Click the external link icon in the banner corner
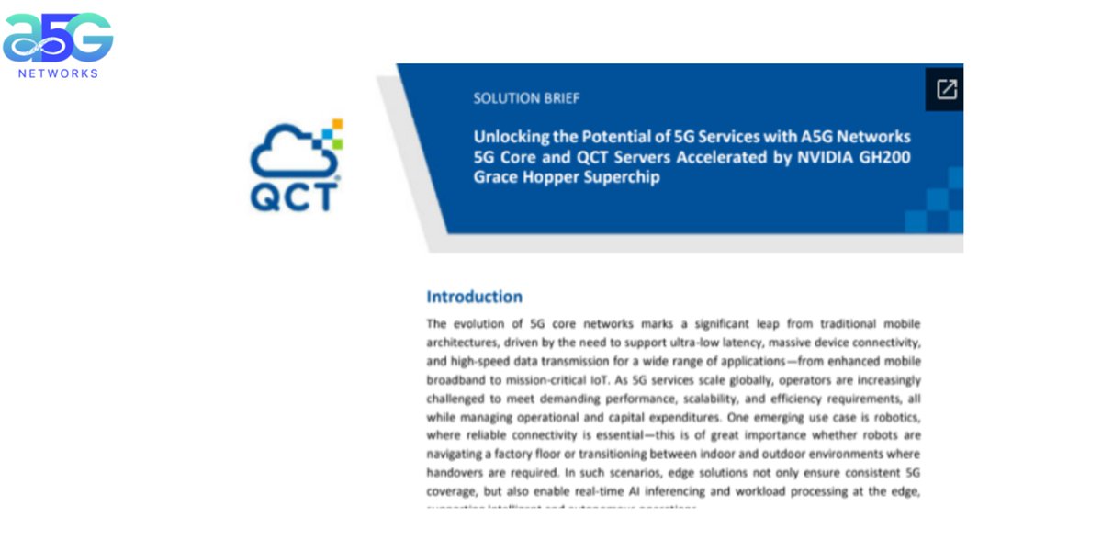[946, 89]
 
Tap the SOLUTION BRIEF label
[526, 98]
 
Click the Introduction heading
[474, 297]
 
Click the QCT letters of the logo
[293, 196]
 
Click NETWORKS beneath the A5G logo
[57, 73]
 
